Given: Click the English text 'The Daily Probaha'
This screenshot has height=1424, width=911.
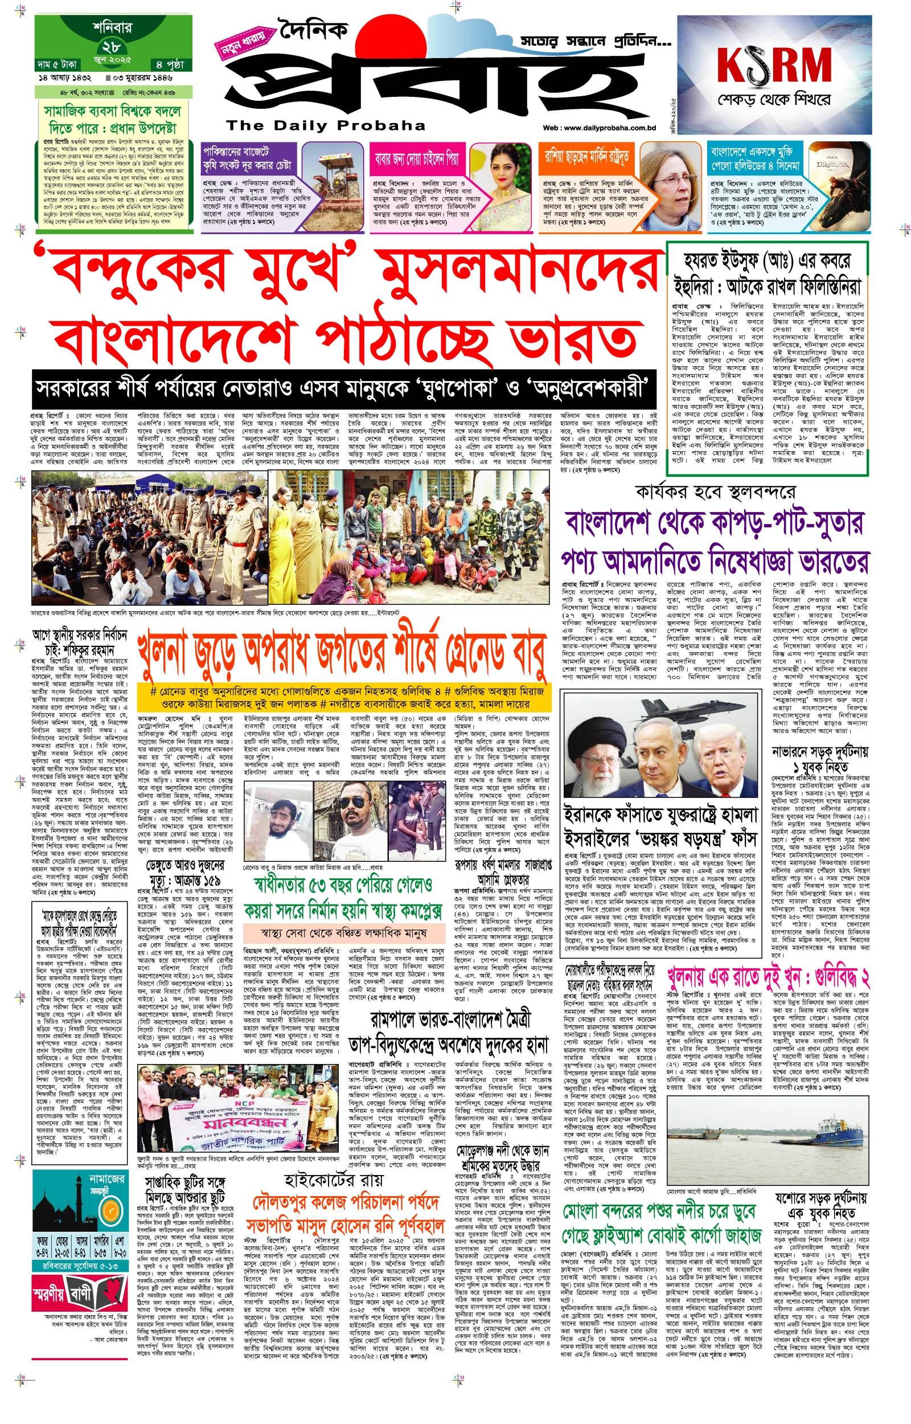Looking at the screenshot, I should click(x=325, y=125).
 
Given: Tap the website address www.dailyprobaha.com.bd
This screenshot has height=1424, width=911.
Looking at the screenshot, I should click(x=598, y=128).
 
